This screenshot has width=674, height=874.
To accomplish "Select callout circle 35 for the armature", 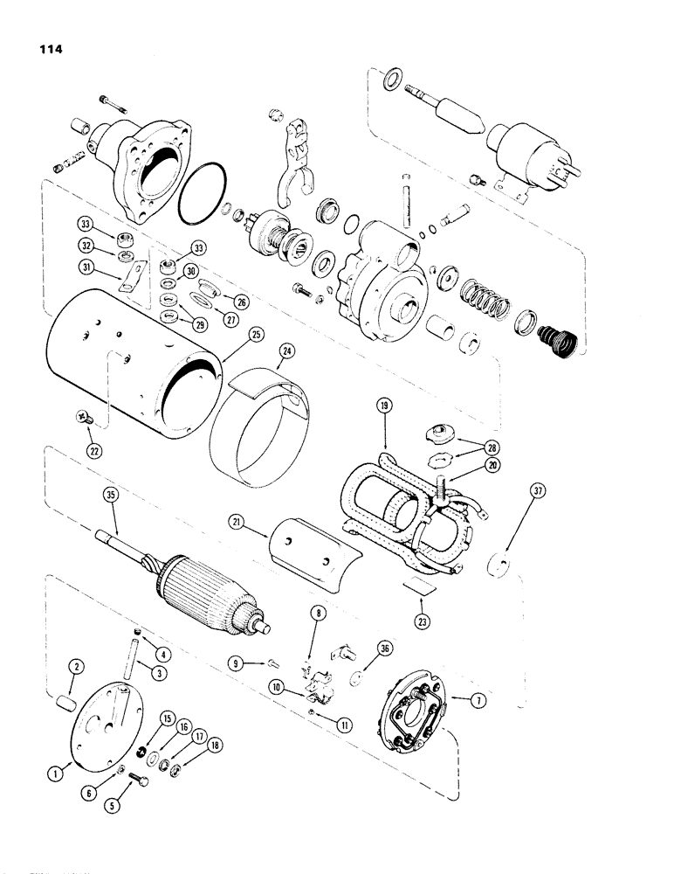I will point(111,496).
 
